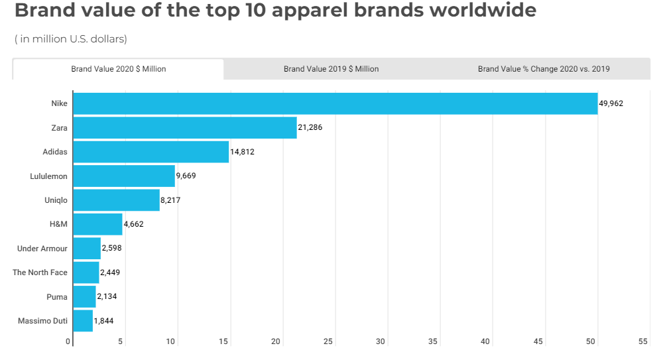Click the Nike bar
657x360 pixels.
pos(335,103)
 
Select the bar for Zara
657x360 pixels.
pos(184,127)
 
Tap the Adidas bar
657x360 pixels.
pos(150,152)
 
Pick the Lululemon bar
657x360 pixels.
pos(123,176)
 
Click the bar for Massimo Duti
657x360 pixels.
pos(83,321)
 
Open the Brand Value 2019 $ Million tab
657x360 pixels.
pos(331,69)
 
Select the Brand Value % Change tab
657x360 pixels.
pos(544,69)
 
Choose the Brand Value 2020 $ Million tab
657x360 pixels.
pos(119,69)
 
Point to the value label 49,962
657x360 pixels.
pos(611,103)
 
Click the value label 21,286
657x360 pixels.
pos(310,127)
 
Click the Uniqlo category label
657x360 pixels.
pos(56,200)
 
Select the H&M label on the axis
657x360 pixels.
pos(58,224)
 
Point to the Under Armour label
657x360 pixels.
pos(42,248)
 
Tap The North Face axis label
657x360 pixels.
pos(40,272)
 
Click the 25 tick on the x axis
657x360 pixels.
pos(328,341)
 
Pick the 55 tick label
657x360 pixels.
pos(642,341)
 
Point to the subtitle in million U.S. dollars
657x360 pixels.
pos(71,39)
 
